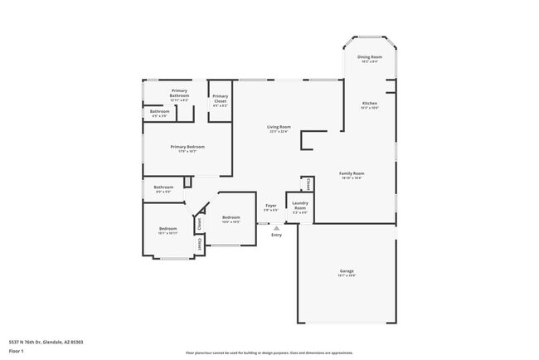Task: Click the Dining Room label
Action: click(x=369, y=57)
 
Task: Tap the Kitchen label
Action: click(x=369, y=104)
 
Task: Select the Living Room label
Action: click(x=279, y=127)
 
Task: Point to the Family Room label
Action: click(x=352, y=173)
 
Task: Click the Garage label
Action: click(x=347, y=271)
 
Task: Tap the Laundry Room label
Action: click(x=299, y=205)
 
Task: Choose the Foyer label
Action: click(x=270, y=205)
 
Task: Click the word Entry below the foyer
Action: click(x=276, y=235)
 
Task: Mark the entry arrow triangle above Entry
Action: click(x=276, y=227)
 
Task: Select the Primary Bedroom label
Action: click(x=187, y=147)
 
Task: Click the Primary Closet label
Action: click(x=220, y=99)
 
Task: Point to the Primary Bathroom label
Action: click(x=180, y=93)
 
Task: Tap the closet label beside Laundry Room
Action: click(x=308, y=183)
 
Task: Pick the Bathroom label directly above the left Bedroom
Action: click(x=163, y=187)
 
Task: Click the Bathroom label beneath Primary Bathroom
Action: click(x=158, y=111)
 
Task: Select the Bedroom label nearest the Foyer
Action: click(x=231, y=217)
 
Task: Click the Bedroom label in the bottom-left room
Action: click(x=168, y=229)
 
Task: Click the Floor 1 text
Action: click(x=17, y=351)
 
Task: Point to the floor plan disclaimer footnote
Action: click(x=269, y=353)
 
